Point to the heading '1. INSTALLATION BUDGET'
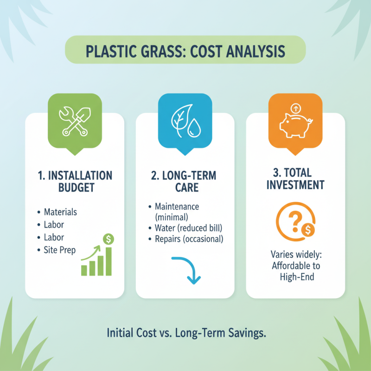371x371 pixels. [74, 181]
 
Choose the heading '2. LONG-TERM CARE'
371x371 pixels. [185, 181]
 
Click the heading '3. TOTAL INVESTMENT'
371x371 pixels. [295, 179]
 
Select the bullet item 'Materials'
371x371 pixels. [60, 212]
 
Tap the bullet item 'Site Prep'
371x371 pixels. [59, 250]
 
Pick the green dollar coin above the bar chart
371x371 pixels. [109, 239]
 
